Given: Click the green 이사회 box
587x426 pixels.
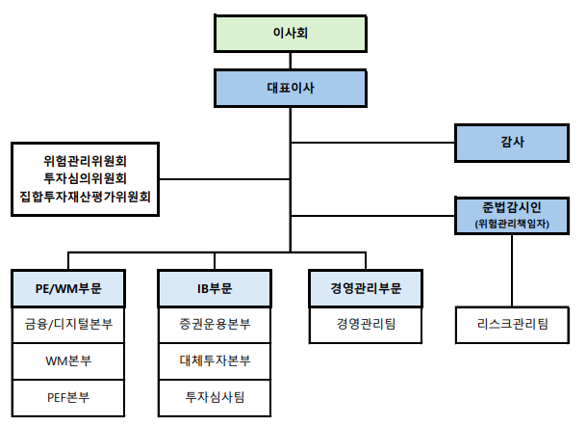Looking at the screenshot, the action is pos(291,34).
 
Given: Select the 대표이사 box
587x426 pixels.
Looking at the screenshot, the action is pos(291,88).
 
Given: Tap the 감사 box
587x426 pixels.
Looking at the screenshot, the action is pos(512,143).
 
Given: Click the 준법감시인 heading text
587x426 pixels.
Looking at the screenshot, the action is pos(512,207).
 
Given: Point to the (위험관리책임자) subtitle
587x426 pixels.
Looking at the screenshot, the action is pos(512,224).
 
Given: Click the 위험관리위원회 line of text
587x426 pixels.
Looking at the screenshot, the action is pos(86,161).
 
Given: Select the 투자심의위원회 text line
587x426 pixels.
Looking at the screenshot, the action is pos(86,178).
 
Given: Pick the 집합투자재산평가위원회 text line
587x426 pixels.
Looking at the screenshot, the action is pos(86,196).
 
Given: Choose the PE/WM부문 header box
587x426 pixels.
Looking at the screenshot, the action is pos(68,288).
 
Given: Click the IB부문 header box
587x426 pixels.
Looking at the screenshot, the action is pos(215,288).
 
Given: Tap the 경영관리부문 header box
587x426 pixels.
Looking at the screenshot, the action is pos(366,288).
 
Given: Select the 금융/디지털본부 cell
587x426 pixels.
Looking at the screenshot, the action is pos(68,325).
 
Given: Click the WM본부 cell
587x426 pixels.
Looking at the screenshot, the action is pos(68,361).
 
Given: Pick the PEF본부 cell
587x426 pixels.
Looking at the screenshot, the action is pos(68,398).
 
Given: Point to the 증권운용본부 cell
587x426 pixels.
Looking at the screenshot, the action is pos(215,325).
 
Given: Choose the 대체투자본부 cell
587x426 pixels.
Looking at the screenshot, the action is pos(215,361).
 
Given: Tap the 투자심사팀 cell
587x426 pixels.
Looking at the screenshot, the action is pos(215,398).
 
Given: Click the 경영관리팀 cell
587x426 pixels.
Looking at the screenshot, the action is pos(366,325).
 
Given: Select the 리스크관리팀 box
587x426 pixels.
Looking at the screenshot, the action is pos(512,325).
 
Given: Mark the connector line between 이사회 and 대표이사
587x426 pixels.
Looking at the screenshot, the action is pos(291,61).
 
